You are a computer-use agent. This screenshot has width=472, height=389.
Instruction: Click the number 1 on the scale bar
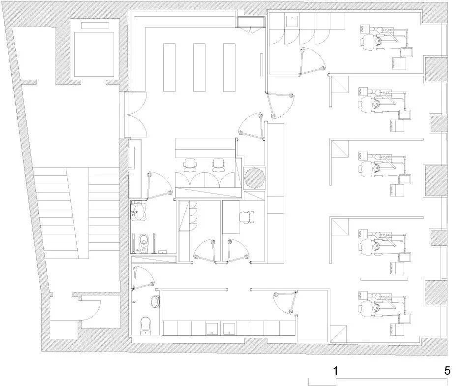pos(336,371)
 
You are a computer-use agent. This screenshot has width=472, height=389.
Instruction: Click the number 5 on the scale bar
pos(447,371)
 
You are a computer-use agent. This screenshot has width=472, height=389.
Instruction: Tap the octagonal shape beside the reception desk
pos(255,178)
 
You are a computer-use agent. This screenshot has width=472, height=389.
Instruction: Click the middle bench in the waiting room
pos(199,67)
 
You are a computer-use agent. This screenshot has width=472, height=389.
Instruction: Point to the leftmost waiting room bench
pos(169,67)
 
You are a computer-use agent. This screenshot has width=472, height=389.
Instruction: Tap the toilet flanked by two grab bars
pos(144,243)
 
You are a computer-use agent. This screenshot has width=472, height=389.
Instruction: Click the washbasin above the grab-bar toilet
pos(139,211)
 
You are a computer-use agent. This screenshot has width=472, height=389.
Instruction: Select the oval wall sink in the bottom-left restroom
pos(156,301)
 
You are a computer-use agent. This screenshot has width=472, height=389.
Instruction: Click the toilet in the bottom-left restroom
pos(146,325)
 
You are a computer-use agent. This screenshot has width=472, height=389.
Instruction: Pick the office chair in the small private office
pos(247,217)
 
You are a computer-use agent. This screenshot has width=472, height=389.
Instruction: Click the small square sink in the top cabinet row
pos(292,21)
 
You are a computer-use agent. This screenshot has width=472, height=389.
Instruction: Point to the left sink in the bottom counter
pos(213,329)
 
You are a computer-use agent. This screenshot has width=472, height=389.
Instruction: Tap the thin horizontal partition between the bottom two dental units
pos(384,279)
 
